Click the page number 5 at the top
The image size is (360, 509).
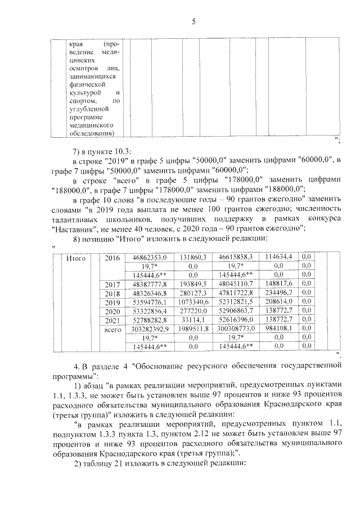(193, 22)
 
